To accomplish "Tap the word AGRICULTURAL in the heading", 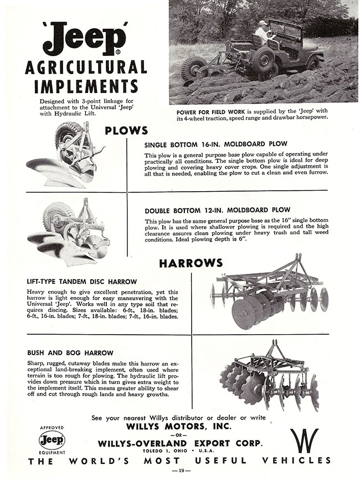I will [86, 68].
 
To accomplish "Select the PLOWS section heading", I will [127, 130].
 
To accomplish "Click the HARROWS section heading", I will [191, 263].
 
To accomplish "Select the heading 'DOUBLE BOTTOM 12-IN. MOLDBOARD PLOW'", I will [217, 211].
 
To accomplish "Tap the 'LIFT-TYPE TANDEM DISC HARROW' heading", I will [81, 282].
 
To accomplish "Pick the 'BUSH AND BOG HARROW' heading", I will [70, 352].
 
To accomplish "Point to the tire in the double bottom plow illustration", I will [54, 213].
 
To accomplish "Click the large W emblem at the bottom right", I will [304, 440].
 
